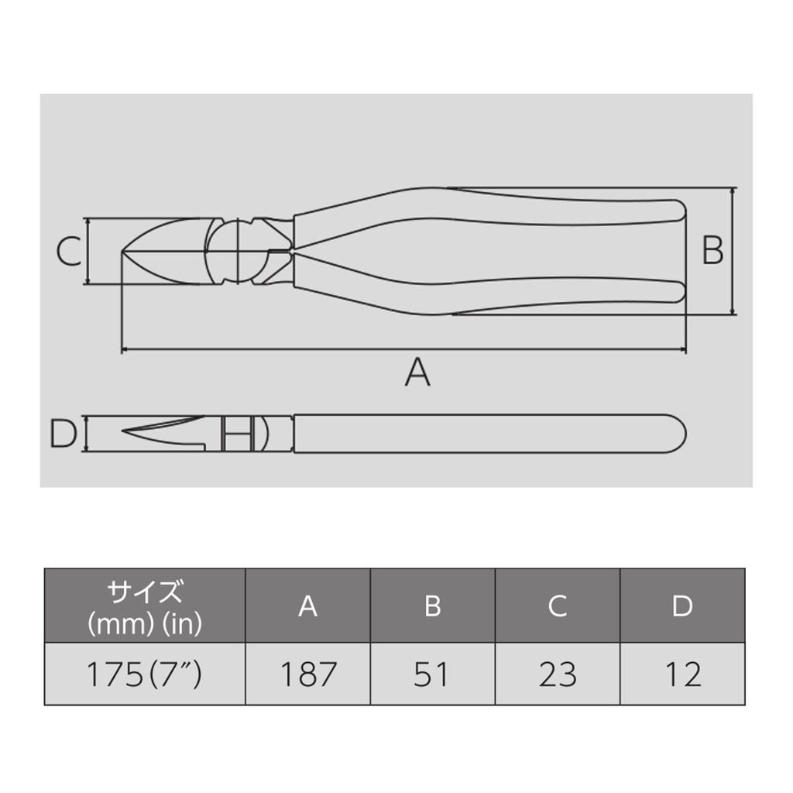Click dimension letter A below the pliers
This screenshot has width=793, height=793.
click(417, 372)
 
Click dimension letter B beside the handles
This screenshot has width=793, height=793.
click(712, 251)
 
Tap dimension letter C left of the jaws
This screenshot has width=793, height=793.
click(69, 252)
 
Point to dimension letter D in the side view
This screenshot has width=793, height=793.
click(64, 434)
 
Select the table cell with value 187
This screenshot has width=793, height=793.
click(307, 675)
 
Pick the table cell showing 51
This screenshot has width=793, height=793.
click(432, 675)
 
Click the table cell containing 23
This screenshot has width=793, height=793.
click(558, 675)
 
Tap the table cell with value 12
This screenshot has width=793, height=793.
click(682, 675)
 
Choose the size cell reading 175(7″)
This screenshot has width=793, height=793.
click(144, 675)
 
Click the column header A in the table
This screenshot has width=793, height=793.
click(307, 606)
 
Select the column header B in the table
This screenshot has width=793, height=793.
click(432, 606)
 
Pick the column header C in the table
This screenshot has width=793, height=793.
click(558, 606)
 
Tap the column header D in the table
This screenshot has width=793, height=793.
click(682, 606)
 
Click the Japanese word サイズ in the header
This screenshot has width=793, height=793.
click(145, 593)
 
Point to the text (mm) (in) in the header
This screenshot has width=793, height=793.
click(145, 623)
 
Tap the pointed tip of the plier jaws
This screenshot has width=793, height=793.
click(122, 251)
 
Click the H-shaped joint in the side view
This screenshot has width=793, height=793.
click(238, 434)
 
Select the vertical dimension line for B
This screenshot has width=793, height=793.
click(733, 251)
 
